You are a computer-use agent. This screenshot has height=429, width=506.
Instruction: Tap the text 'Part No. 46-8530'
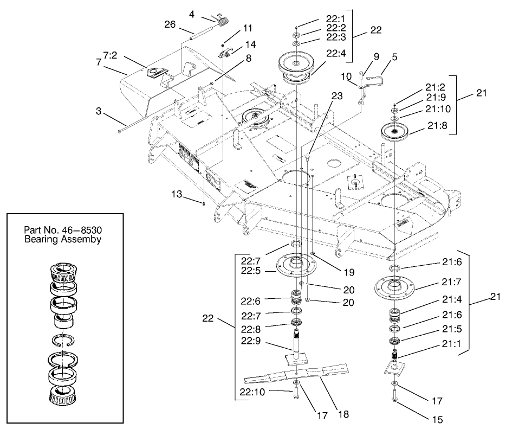tap(63, 229)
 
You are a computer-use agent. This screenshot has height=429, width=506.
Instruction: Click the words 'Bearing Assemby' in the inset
tap(63, 239)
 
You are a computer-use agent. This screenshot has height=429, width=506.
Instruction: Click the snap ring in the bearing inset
tap(64, 342)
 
